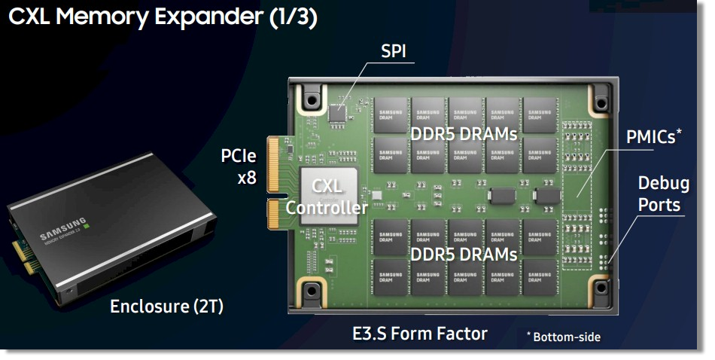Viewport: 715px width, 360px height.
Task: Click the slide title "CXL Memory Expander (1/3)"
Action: (161, 18)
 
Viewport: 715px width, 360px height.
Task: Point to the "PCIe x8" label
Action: (239, 168)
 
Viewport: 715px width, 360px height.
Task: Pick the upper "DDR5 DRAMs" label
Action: (464, 134)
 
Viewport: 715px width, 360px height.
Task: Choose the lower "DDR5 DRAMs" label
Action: (464, 254)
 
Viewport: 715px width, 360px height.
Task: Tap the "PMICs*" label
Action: (654, 137)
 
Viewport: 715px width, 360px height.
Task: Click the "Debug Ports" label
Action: (659, 194)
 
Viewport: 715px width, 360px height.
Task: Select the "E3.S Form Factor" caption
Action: (420, 333)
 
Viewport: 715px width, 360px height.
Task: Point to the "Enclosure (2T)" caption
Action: (166, 307)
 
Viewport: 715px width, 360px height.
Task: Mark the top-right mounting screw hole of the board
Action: (600, 101)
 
